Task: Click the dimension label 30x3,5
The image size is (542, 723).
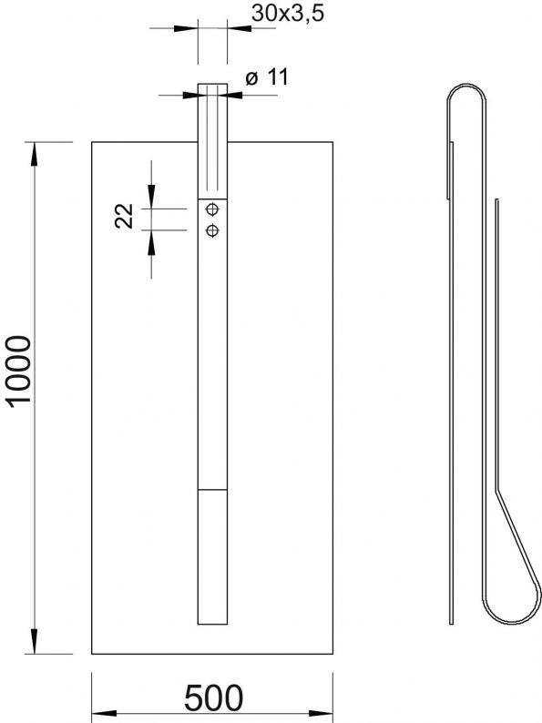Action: click(x=287, y=14)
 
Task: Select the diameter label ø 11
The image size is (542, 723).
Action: click(x=267, y=77)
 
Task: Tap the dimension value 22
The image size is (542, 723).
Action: click(x=124, y=216)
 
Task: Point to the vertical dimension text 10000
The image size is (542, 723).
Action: click(x=19, y=372)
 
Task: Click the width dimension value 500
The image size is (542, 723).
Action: click(x=213, y=698)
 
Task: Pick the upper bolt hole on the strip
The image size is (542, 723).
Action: click(x=212, y=209)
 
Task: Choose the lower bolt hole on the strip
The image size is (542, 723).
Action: click(x=212, y=230)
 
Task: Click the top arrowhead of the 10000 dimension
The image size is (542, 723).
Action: click(x=35, y=154)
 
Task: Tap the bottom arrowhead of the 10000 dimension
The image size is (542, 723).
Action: click(x=35, y=642)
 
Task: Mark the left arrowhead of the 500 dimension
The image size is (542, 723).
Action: click(x=104, y=714)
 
